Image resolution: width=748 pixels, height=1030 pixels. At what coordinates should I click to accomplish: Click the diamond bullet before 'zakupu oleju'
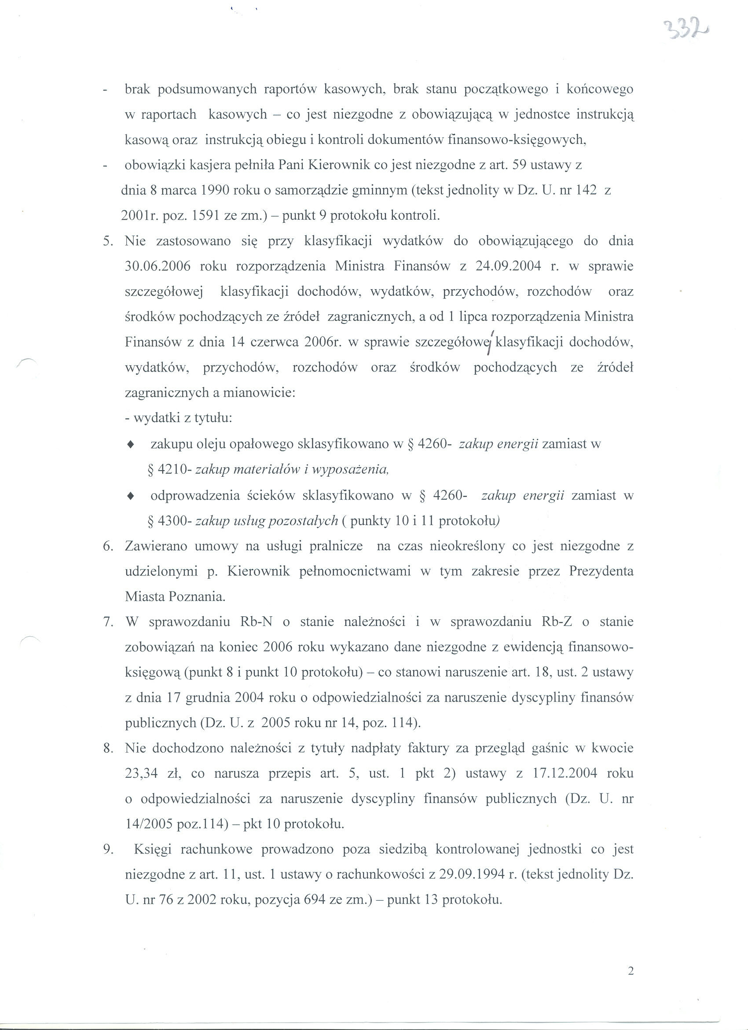(x=131, y=445)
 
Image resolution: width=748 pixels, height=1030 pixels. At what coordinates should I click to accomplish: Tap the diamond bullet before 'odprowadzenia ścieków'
(x=131, y=496)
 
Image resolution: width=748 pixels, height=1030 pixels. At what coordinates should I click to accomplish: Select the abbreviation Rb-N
(x=256, y=622)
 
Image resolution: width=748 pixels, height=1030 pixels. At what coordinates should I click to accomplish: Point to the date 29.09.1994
(x=473, y=875)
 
